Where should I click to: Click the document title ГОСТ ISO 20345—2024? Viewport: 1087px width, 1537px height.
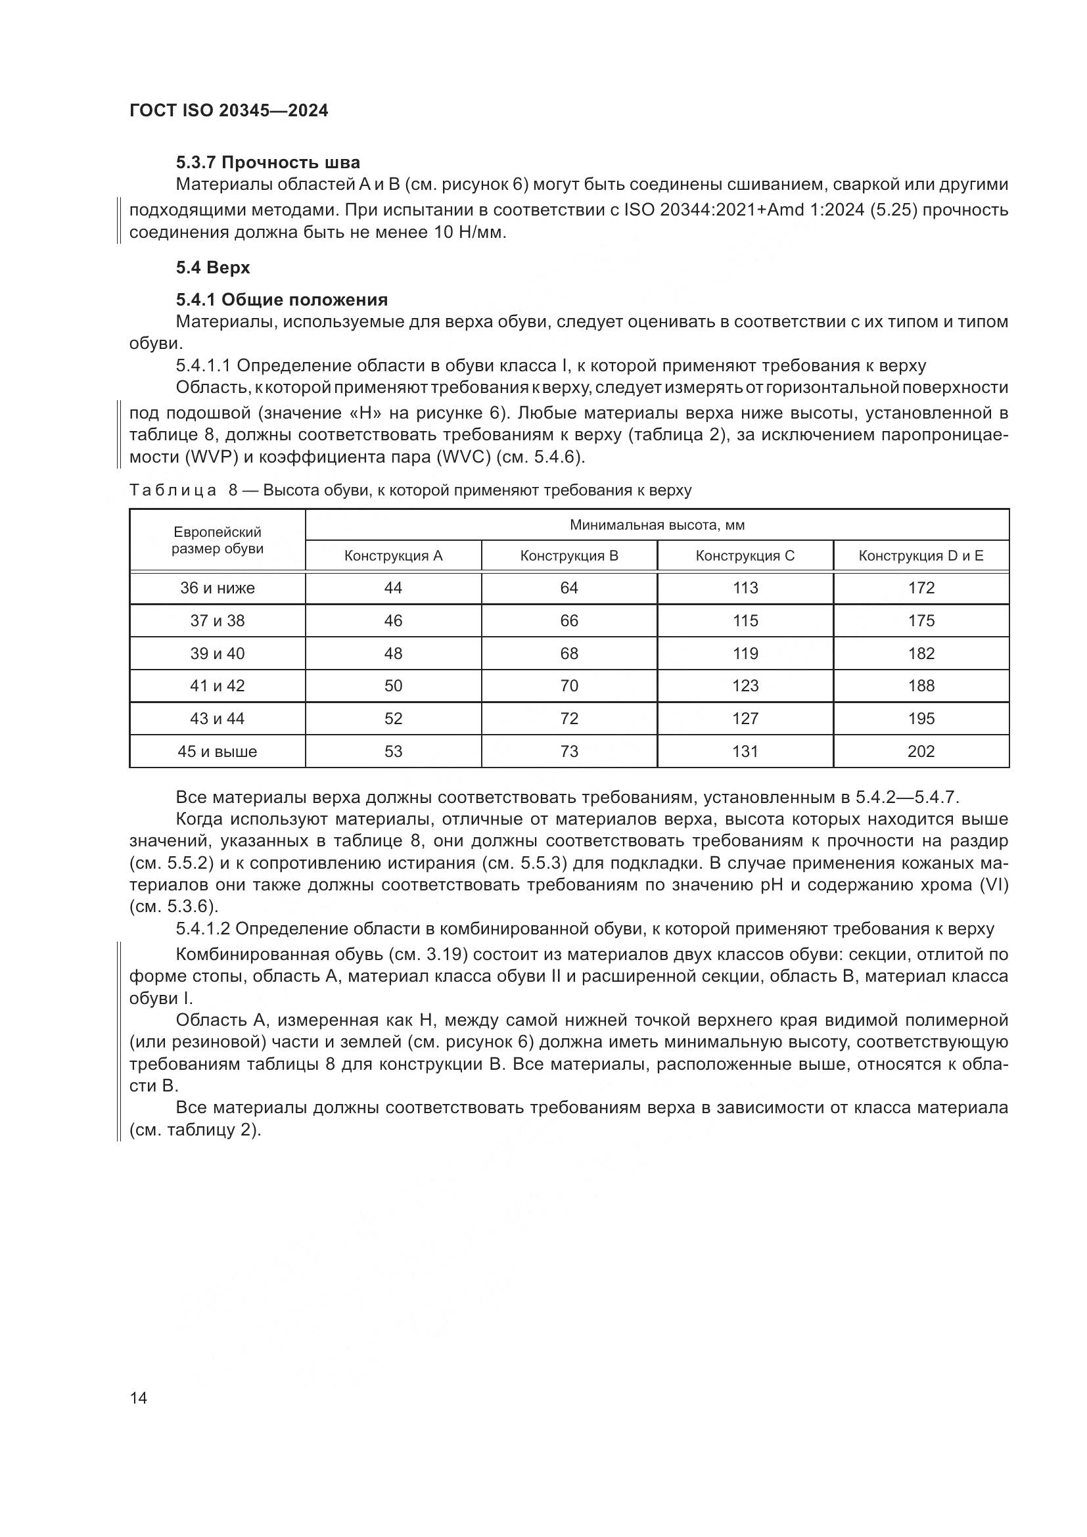pyautogui.click(x=229, y=110)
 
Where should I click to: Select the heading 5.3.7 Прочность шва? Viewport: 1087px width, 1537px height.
pyautogui.click(x=267, y=162)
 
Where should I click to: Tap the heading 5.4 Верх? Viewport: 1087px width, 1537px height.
pyautogui.click(x=213, y=267)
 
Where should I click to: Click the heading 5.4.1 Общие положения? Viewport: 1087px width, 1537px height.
pyautogui.click(x=282, y=299)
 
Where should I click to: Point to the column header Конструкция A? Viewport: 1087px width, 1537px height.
pyautogui.click(x=393, y=556)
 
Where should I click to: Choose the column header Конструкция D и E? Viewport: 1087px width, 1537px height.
pyautogui.click(x=921, y=556)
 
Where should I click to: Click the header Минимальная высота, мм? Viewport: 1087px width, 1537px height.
pyautogui.click(x=657, y=525)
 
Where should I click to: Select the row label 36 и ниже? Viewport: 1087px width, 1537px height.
pyautogui.click(x=217, y=587)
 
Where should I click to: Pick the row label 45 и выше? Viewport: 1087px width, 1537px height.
pyautogui.click(x=217, y=751)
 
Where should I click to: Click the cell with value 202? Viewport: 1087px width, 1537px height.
pyautogui.click(x=921, y=751)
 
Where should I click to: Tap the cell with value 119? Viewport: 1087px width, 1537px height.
pyautogui.click(x=745, y=653)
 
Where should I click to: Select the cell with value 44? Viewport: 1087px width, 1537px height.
pyautogui.click(x=393, y=587)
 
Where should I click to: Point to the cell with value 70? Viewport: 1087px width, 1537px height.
pyautogui.click(x=569, y=685)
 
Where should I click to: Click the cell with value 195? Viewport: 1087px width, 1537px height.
pyautogui.click(x=921, y=718)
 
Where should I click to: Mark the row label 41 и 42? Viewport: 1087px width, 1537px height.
pyautogui.click(x=217, y=685)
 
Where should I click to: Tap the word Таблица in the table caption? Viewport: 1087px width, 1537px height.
pyautogui.click(x=173, y=490)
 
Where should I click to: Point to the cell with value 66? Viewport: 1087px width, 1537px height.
pyautogui.click(x=569, y=620)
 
